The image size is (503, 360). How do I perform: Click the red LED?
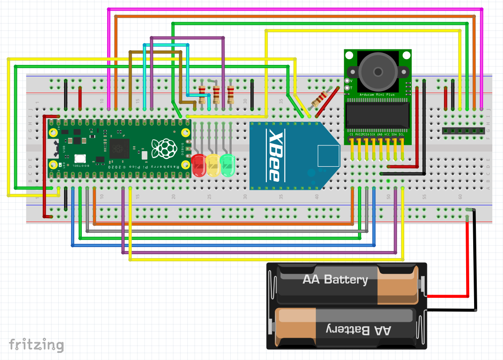pyautogui.click(x=198, y=165)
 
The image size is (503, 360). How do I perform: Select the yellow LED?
pyautogui.click(x=213, y=165)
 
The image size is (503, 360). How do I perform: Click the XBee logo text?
pyautogui.click(x=273, y=155)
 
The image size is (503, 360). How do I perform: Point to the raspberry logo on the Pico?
pyautogui.click(x=163, y=148)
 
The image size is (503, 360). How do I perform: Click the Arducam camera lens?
pyautogui.click(x=378, y=71)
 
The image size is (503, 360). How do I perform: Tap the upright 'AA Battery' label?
pyautogui.click(x=335, y=280)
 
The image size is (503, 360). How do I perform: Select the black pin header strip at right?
pyautogui.click(x=463, y=131)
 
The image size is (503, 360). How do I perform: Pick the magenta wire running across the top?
pyautogui.click(x=294, y=9)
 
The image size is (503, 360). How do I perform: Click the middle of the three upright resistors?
pyautogui.click(x=216, y=94)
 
